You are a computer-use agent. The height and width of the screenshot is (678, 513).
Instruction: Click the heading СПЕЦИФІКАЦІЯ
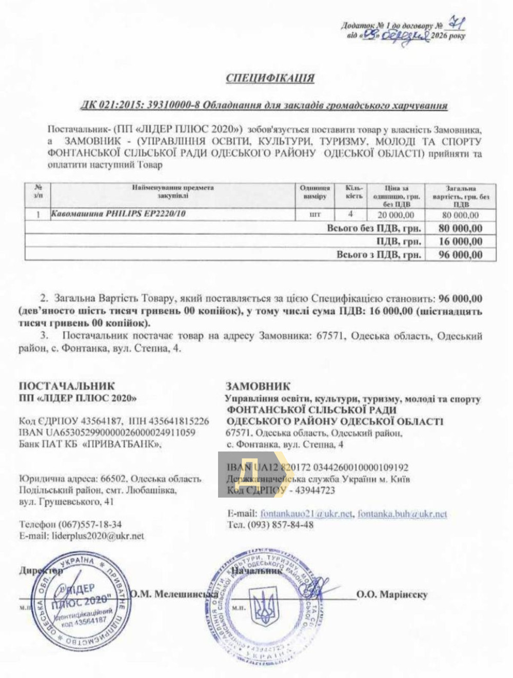pyautogui.click(x=270, y=78)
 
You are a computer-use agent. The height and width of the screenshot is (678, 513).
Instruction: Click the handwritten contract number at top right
pyautogui.click(x=454, y=23)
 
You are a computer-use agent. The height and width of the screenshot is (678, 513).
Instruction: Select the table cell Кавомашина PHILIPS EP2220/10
pyautogui.click(x=118, y=214)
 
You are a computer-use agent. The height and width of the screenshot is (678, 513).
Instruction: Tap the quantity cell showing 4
pyautogui.click(x=350, y=215)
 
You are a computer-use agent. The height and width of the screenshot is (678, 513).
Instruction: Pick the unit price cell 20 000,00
pyautogui.click(x=396, y=215)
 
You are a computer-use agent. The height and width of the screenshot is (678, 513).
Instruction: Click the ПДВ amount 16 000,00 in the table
pyautogui.click(x=460, y=241)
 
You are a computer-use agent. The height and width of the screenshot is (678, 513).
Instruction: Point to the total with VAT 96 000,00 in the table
pyautogui.click(x=460, y=255)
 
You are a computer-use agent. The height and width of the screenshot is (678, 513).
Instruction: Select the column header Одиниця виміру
pyautogui.click(x=315, y=192)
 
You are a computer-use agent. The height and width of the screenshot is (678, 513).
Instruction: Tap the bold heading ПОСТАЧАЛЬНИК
pyautogui.click(x=67, y=386)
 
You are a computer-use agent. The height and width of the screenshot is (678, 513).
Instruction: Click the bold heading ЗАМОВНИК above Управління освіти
pyautogui.click(x=258, y=386)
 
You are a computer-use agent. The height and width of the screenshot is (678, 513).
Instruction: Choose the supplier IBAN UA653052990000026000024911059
pyautogui.click(x=107, y=433)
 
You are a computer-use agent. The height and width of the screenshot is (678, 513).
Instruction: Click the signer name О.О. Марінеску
pyautogui.click(x=391, y=594)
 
